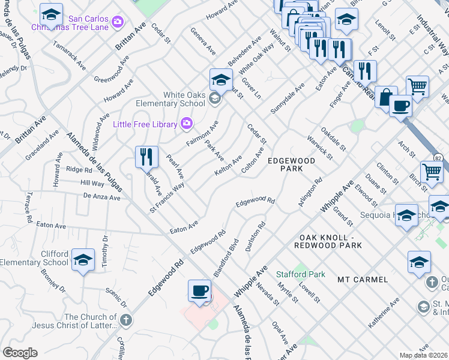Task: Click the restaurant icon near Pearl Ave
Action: [x=146, y=157]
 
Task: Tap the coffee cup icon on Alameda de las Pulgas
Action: [x=200, y=291]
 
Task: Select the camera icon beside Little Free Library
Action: [x=187, y=124]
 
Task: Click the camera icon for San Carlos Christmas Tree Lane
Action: [x=118, y=22]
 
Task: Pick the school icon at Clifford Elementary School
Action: [x=83, y=260]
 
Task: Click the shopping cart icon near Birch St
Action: [x=432, y=172]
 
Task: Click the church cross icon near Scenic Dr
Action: [x=125, y=319]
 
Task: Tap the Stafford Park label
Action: [x=301, y=274]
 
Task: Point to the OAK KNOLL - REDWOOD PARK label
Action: [x=328, y=241]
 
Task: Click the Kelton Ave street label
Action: [x=228, y=166]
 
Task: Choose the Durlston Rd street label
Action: [x=255, y=237]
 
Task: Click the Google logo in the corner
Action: [x=20, y=352]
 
